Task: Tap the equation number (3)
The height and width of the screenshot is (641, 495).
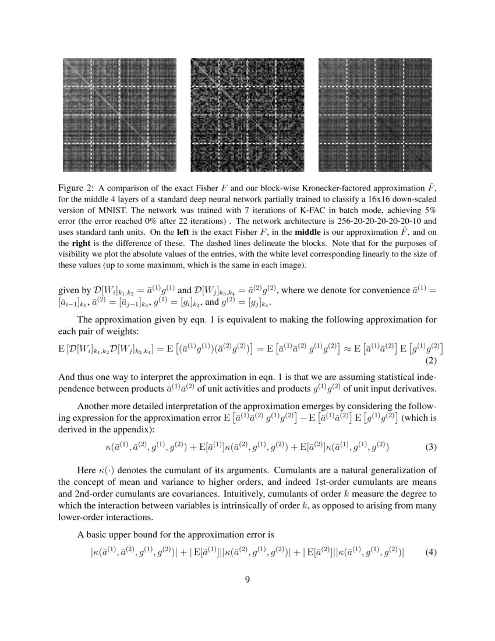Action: (431, 448)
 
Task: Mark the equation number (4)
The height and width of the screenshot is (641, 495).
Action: (431, 551)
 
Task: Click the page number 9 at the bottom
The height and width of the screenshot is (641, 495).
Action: (248, 579)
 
